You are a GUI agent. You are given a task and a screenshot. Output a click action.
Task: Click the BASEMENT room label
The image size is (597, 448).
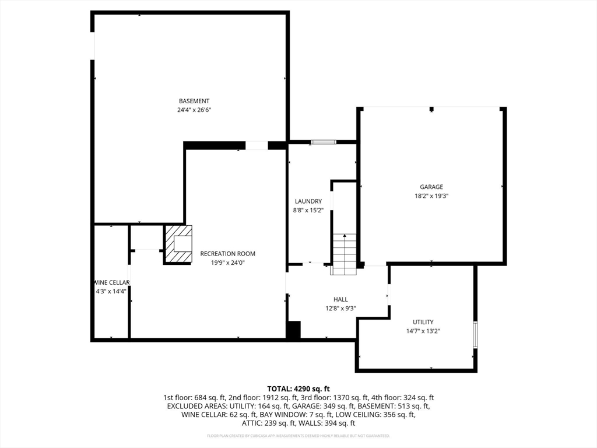pyautogui.click(x=194, y=101)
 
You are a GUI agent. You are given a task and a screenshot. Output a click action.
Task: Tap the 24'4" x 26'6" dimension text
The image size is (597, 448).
pyautogui.click(x=194, y=110)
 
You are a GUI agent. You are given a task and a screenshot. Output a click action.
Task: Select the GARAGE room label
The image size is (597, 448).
pyautogui.click(x=431, y=187)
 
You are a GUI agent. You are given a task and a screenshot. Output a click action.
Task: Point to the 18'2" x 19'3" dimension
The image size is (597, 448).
pyautogui.click(x=431, y=197)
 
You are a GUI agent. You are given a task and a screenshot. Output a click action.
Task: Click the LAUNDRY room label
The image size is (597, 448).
pyautogui.click(x=308, y=201)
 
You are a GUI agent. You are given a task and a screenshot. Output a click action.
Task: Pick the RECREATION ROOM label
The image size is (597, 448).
pyautogui.click(x=227, y=254)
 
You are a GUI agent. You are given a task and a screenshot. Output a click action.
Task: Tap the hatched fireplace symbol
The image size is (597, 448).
pyautogui.click(x=178, y=244)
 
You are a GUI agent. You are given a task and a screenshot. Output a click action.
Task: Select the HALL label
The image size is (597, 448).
pyautogui.click(x=340, y=299)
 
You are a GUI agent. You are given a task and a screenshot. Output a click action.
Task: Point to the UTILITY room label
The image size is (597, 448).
pyautogui.click(x=423, y=322)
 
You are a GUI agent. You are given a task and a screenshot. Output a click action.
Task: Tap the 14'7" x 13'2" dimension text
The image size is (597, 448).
pyautogui.click(x=423, y=331)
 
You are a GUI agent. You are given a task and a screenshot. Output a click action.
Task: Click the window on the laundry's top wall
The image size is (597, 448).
pyautogui.click(x=323, y=142)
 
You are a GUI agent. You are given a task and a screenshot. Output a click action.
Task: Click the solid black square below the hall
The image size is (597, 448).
pyautogui.click(x=293, y=330)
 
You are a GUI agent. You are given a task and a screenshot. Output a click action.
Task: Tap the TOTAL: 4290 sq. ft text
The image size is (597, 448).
pyautogui.click(x=298, y=388)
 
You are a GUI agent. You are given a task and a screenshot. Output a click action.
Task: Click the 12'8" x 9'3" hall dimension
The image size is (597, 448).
pyautogui.click(x=340, y=309)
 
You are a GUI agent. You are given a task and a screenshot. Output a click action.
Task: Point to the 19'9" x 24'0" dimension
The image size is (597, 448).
pyautogui.click(x=227, y=263)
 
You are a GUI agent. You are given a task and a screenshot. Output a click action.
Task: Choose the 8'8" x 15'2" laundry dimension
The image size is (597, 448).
pyautogui.click(x=308, y=211)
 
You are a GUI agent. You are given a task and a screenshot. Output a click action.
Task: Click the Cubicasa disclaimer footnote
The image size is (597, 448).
pyautogui.click(x=298, y=436)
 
